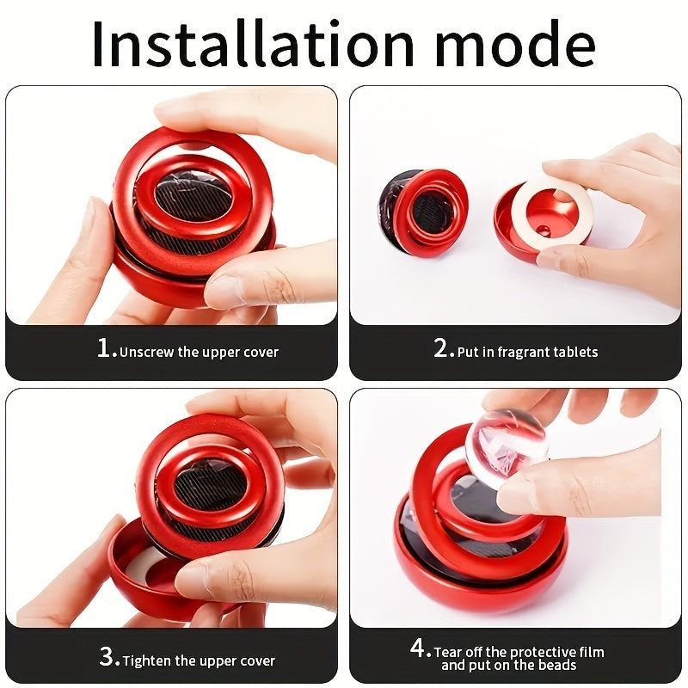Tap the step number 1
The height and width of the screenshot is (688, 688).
coord(106,349)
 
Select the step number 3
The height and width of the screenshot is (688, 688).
coord(109,659)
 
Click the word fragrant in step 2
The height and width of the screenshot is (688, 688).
coord(523,352)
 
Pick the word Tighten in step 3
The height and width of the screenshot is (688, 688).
coord(150,661)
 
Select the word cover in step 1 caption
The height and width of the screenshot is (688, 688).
coord(261,352)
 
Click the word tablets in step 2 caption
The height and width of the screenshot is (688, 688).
coord(577,352)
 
